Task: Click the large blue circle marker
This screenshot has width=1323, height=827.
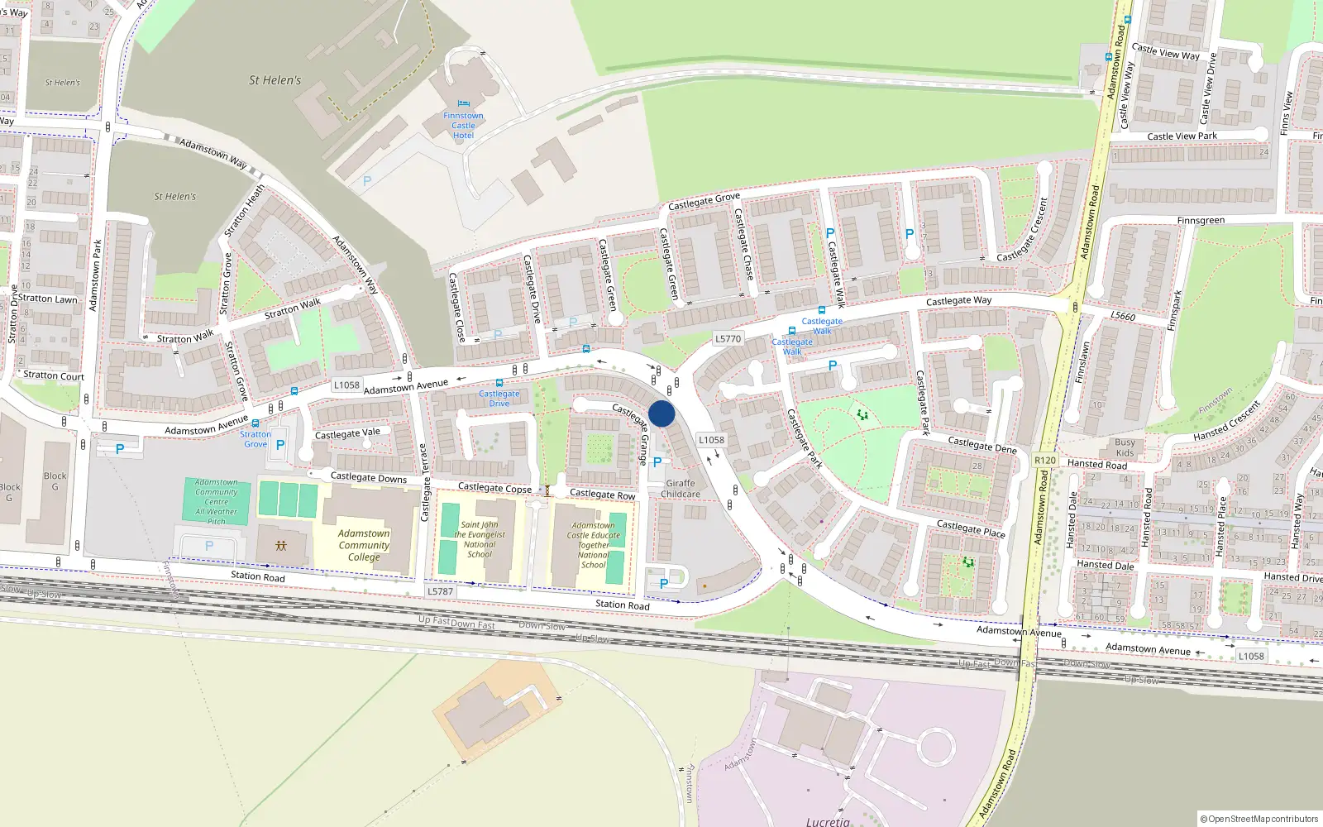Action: (x=661, y=413)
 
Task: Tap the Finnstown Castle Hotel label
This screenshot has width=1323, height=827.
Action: (x=463, y=126)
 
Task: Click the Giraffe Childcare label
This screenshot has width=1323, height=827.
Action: (x=681, y=489)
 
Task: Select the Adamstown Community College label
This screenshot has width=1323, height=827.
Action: (x=364, y=545)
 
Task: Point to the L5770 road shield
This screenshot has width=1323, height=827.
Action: (x=728, y=338)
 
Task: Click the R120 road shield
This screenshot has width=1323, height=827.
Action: (x=1045, y=460)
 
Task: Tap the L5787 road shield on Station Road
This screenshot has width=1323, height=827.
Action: (x=440, y=591)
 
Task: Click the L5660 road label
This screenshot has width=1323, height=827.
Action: (x=1122, y=316)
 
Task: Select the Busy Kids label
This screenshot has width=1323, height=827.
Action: (x=1125, y=447)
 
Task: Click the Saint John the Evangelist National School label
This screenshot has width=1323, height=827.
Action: (x=480, y=539)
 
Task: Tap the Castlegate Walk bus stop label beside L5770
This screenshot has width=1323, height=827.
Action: (x=792, y=347)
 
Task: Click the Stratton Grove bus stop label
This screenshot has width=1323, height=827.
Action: (x=256, y=439)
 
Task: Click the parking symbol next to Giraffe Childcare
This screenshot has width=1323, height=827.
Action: (x=657, y=463)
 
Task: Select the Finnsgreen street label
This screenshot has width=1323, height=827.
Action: (x=1201, y=221)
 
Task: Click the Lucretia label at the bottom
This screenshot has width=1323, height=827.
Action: (x=828, y=821)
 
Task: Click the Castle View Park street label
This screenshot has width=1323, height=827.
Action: (x=1182, y=136)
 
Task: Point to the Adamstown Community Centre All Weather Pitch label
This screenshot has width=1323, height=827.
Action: (x=216, y=501)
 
